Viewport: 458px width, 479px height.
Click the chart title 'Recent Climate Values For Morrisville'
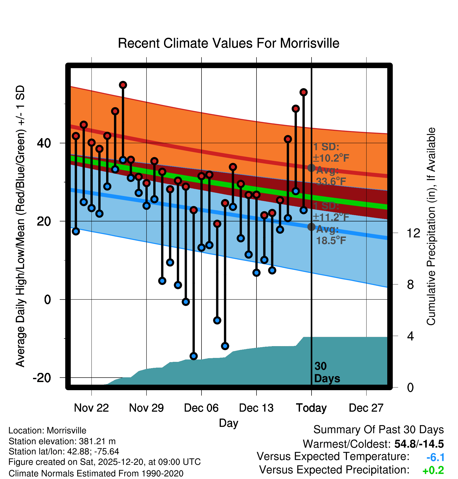click(x=228, y=43)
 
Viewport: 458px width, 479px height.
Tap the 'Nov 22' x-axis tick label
click(x=91, y=408)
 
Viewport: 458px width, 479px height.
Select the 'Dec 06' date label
click(x=201, y=408)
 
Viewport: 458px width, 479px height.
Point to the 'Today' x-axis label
click(x=311, y=408)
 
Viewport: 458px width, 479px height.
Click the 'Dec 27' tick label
click(x=366, y=408)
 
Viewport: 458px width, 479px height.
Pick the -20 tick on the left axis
click(x=42, y=378)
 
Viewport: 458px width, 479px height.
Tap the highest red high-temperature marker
click(x=123, y=85)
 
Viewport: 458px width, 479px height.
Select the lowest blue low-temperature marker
click(x=194, y=356)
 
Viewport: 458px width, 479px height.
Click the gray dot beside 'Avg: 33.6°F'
click(x=311, y=168)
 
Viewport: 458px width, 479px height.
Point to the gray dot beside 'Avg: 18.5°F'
click(x=311, y=227)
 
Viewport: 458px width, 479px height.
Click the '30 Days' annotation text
click(x=327, y=372)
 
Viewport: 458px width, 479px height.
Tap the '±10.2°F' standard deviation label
click(x=331, y=158)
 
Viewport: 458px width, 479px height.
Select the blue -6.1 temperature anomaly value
click(x=435, y=458)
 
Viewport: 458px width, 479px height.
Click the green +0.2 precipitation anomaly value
click(x=433, y=471)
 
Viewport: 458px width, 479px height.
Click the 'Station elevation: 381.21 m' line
click(x=62, y=441)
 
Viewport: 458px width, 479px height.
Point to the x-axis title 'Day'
click(x=228, y=423)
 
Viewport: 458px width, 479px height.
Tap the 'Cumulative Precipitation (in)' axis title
click(x=431, y=226)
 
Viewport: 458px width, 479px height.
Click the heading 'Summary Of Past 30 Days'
click(x=378, y=430)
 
